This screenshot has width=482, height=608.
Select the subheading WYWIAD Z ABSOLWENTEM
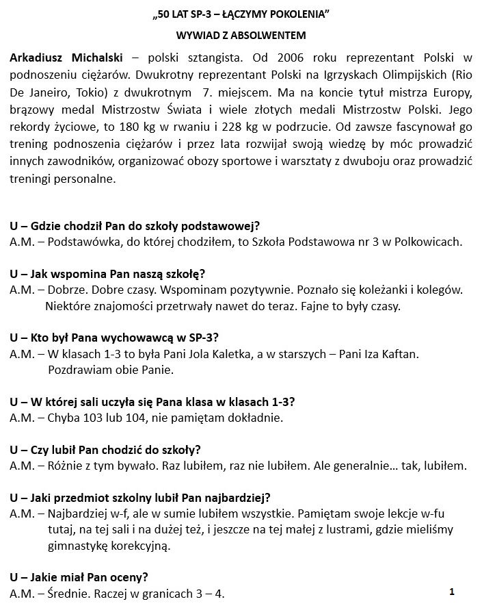[241, 34]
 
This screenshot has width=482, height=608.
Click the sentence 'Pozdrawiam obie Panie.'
[111, 370]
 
